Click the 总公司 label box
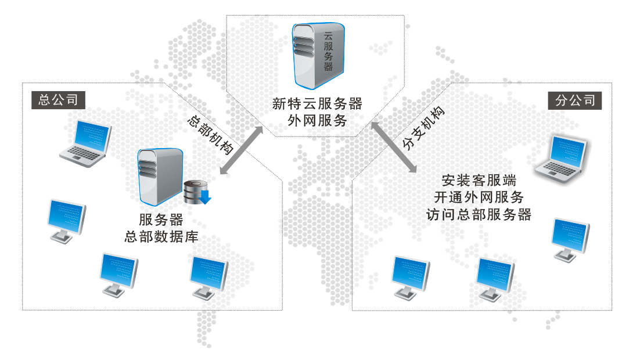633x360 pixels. pyautogui.click(x=58, y=100)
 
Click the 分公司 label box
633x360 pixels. pyautogui.click(x=575, y=100)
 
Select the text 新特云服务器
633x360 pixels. pyautogui.click(x=317, y=104)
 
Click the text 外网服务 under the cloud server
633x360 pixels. pyautogui.click(x=317, y=121)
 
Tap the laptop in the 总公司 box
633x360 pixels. pyautogui.click(x=86, y=144)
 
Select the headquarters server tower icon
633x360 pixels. pyautogui.click(x=159, y=177)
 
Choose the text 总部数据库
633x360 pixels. pyautogui.click(x=161, y=237)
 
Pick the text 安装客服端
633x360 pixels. pyautogui.click(x=479, y=179)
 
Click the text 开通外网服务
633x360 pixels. pyautogui.click(x=479, y=197)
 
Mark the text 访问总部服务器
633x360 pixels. pyautogui.click(x=479, y=214)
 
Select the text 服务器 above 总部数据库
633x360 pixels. pyautogui.click(x=161, y=221)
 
